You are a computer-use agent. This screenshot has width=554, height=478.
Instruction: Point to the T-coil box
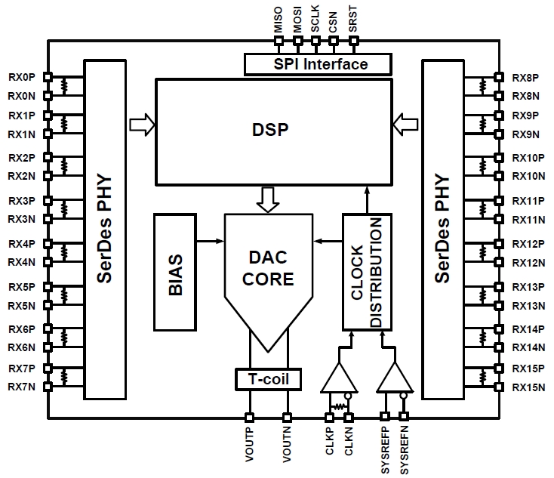click(268, 378)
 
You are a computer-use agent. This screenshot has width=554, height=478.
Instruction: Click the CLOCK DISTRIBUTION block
click(366, 272)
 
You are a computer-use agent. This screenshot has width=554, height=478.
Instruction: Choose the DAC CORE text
click(269, 268)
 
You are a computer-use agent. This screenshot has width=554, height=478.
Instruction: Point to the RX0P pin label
click(22, 77)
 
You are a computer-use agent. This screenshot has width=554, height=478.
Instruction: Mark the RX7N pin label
click(22, 387)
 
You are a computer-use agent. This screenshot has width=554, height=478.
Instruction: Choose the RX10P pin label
click(528, 158)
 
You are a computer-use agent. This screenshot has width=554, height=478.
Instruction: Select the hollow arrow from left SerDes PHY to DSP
click(142, 122)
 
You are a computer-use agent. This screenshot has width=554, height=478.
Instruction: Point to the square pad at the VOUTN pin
click(287, 416)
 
